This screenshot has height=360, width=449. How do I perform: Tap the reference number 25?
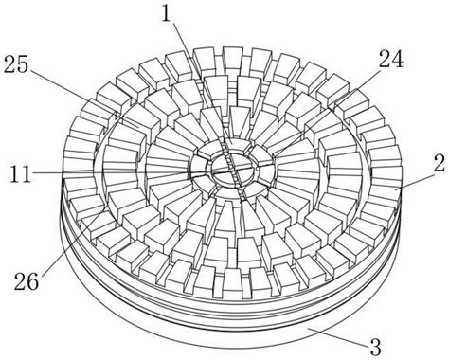[16, 64]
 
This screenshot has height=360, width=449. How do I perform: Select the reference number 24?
[391, 59]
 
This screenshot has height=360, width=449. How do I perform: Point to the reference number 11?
[21, 173]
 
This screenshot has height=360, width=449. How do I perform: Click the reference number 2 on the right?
[440, 163]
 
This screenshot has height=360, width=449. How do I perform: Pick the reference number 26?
[27, 280]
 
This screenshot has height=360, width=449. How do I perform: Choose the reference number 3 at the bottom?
[375, 347]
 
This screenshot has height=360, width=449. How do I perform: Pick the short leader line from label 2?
[415, 181]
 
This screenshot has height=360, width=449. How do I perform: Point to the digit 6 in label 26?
[33, 280]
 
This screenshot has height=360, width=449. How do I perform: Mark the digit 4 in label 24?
[398, 59]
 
